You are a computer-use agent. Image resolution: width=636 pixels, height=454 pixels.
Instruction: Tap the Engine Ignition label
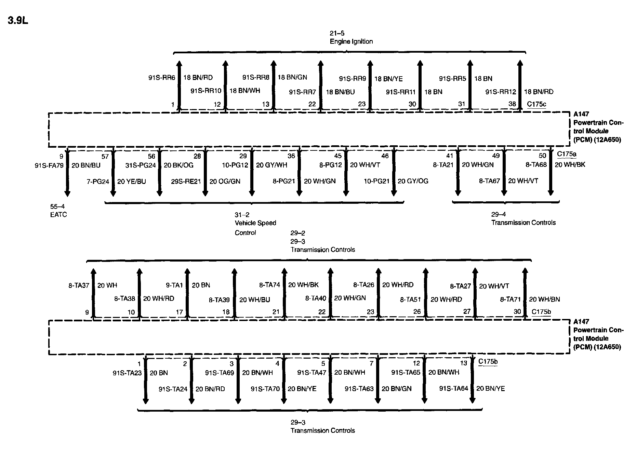[x=351, y=41]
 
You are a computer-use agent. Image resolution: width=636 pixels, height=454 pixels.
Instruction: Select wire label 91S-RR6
[x=161, y=78]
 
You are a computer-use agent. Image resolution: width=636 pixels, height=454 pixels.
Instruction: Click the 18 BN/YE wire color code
[x=388, y=79]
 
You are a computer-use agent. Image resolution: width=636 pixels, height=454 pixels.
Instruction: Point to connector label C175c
[x=536, y=104]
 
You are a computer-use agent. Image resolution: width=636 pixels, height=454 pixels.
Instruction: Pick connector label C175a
[x=566, y=154]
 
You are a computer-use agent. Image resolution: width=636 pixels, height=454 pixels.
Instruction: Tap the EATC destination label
[x=58, y=215]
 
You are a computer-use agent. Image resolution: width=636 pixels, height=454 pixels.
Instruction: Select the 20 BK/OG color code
[x=178, y=165]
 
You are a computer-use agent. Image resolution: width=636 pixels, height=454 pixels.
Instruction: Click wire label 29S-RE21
[x=186, y=181]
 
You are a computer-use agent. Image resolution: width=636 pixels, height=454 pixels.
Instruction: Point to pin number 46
[x=385, y=156]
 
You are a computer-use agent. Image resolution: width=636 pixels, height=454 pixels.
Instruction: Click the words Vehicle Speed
[x=255, y=223]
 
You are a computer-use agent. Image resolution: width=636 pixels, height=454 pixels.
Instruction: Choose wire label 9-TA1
[x=174, y=285]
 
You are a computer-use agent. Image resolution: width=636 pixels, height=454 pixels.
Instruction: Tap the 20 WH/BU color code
[x=254, y=300]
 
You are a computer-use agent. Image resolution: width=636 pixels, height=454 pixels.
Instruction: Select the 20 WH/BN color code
[x=544, y=299]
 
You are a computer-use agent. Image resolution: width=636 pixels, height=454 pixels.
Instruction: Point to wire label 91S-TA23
[x=127, y=373]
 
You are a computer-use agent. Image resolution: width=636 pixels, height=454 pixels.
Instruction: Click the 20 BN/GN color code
[x=396, y=389]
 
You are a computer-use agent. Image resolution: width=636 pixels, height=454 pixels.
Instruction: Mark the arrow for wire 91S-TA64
[x=472, y=379]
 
